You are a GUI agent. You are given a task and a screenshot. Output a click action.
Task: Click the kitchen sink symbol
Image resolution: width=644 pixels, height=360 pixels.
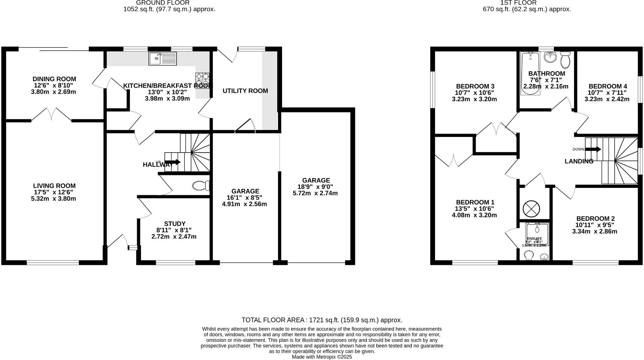163,58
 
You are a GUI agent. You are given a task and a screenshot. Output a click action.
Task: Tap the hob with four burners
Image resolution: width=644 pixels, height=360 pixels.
202,80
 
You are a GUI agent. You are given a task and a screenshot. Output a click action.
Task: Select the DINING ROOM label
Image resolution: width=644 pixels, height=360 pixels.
54,79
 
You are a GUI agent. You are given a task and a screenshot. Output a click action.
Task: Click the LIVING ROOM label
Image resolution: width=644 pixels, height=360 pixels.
54,186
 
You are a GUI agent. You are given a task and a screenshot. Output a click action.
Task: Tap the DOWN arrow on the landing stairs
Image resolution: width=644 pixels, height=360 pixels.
593,149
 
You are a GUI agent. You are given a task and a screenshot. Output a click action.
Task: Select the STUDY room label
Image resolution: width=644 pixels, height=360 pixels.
175,224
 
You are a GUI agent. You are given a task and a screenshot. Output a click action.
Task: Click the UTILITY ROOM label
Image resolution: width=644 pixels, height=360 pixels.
245,91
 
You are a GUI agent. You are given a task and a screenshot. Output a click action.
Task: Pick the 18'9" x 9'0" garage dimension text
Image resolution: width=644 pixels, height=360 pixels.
315,187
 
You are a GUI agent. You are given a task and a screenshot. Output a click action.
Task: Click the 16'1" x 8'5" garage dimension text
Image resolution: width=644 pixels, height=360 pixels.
245,198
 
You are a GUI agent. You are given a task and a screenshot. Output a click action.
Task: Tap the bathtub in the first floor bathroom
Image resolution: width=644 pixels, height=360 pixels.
530,73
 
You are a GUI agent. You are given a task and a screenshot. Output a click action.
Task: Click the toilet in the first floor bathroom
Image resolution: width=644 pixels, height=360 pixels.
565,60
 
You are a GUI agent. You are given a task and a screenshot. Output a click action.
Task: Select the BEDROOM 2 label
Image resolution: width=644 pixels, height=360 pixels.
595,219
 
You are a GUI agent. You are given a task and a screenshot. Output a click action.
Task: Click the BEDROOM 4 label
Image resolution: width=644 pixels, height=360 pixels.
608,86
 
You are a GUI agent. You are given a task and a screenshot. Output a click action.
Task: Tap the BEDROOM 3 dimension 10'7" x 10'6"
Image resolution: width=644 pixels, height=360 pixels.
474,93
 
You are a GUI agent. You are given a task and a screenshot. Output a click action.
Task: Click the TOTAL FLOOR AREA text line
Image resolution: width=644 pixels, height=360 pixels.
322,320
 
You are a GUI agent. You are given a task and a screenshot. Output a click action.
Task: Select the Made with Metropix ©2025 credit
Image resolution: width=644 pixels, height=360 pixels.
322,357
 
